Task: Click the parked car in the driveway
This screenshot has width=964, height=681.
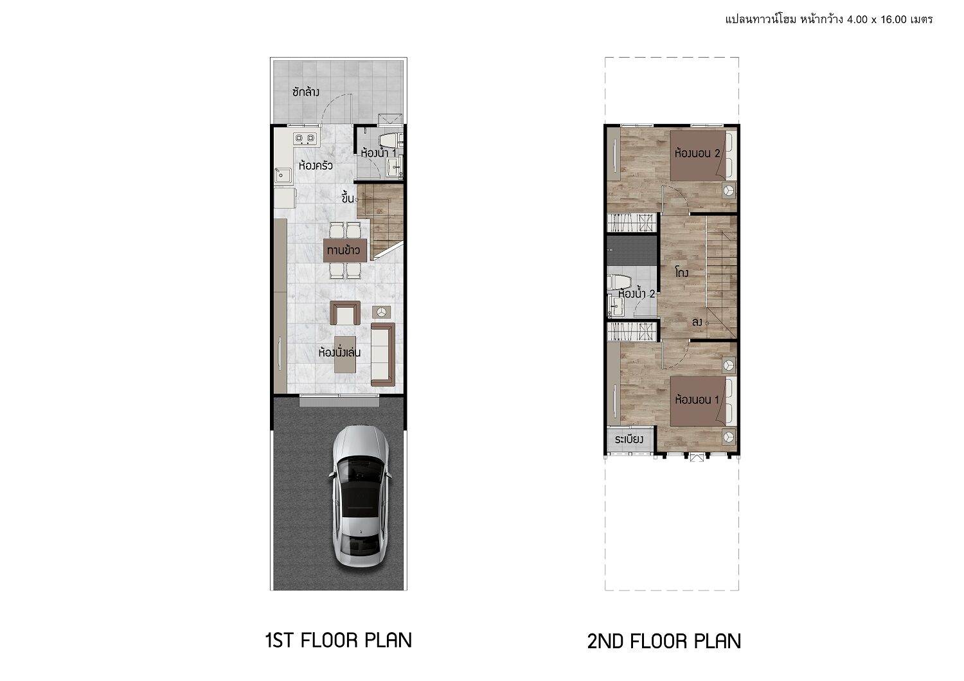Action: click(x=360, y=496)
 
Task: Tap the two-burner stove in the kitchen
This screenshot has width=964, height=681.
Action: click(x=305, y=139)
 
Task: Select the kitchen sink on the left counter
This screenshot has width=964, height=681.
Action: click(x=283, y=175)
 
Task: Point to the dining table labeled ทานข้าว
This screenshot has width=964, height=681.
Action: click(x=345, y=250)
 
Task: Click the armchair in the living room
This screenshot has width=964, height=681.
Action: click(x=344, y=313)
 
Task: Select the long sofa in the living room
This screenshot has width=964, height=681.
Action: click(x=382, y=355)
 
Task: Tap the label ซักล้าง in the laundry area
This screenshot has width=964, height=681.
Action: click(x=305, y=92)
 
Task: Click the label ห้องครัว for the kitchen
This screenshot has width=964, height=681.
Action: click(x=316, y=166)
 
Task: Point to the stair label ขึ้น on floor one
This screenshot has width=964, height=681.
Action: click(x=348, y=199)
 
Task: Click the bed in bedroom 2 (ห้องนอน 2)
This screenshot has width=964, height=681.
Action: click(x=703, y=155)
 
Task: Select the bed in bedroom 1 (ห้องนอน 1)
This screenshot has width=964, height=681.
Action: click(x=703, y=402)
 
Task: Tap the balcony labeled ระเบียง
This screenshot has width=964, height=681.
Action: click(x=630, y=439)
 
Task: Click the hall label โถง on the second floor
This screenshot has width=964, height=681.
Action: click(x=682, y=272)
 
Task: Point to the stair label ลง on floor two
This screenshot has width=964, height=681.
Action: click(x=697, y=322)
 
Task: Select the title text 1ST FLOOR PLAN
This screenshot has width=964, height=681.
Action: click(x=339, y=640)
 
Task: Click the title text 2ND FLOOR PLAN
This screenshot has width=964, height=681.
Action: click(x=664, y=641)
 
